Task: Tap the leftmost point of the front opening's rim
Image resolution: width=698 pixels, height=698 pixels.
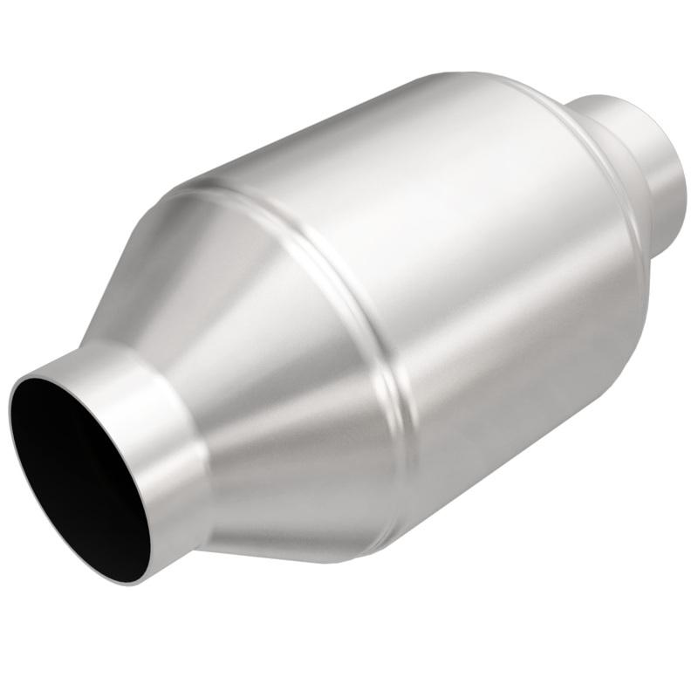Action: (x=10, y=419)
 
